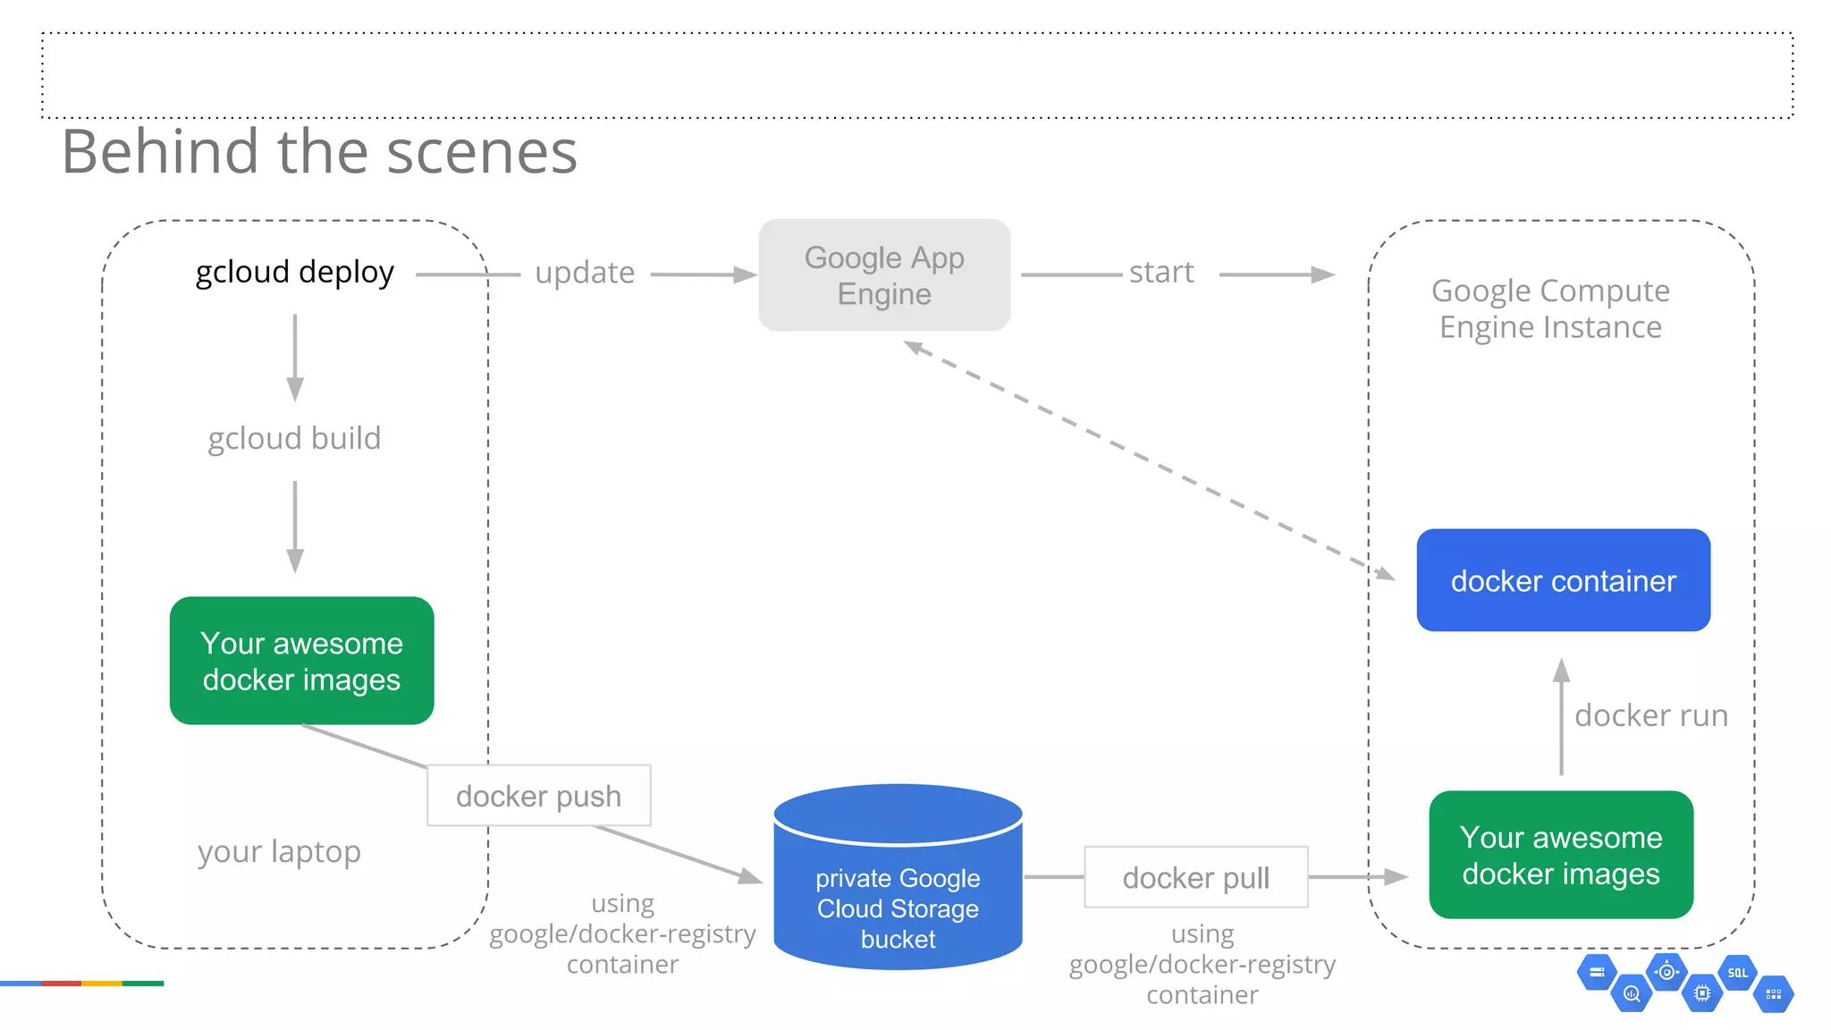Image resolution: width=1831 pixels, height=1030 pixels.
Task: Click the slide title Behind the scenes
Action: [319, 152]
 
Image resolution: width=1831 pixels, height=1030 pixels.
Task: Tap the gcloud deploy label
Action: [294, 272]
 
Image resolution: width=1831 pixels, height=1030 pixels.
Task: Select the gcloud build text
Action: [294, 438]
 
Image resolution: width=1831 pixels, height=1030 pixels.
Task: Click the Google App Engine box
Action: [884, 275]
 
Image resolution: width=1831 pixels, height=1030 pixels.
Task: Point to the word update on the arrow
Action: [585, 273]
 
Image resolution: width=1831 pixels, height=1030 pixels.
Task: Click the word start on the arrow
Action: [1160, 272]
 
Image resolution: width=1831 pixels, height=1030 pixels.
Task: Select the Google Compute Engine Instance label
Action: [1550, 308]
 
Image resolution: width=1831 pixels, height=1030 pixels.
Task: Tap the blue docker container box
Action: [1563, 580]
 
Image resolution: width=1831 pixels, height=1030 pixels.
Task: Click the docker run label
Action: [1650, 715]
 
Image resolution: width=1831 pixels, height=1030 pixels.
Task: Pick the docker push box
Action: [538, 796]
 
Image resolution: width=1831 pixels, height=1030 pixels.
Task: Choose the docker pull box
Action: [1195, 877]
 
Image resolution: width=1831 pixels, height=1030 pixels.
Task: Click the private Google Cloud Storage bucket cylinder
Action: [898, 894]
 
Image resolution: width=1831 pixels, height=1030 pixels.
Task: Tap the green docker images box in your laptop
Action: [301, 661]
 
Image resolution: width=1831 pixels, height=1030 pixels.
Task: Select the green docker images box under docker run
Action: [1561, 855]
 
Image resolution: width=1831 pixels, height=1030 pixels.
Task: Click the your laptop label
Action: [279, 851]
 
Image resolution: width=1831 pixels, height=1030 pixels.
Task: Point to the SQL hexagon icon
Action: [1737, 973]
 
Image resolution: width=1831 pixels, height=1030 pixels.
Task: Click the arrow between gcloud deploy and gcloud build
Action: [294, 358]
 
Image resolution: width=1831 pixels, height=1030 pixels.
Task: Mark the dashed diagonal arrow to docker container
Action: [1149, 460]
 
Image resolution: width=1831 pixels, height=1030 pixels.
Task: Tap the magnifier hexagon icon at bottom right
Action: [1632, 993]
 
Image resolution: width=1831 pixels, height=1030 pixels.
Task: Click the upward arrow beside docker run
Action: [1561, 715]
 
